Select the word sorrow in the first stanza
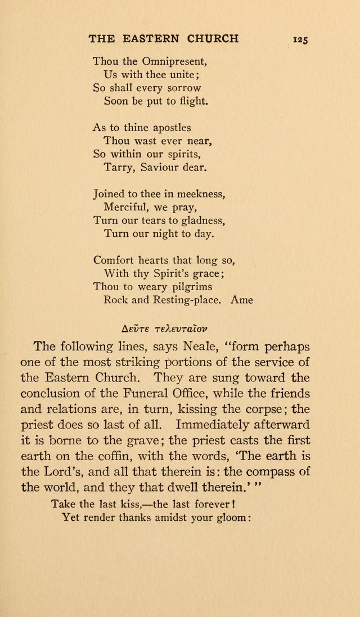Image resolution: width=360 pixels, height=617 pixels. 183,88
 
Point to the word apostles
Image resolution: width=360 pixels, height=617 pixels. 167,128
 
